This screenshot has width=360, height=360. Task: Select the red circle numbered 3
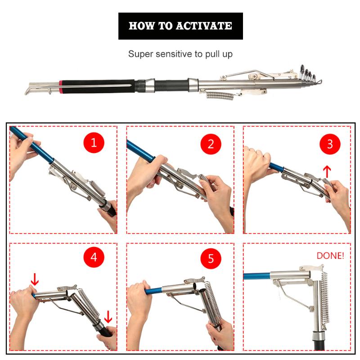pyautogui.click(x=330, y=144)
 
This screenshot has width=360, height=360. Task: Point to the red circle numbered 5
pyautogui.click(x=211, y=259)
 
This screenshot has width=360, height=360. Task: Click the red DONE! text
pyautogui.click(x=330, y=256)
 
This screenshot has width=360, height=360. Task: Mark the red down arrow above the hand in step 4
pyautogui.click(x=35, y=279)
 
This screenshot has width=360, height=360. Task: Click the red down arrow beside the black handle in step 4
pyautogui.click(x=108, y=317)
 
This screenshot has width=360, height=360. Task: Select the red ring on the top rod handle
pyautogui.click(x=60, y=84)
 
